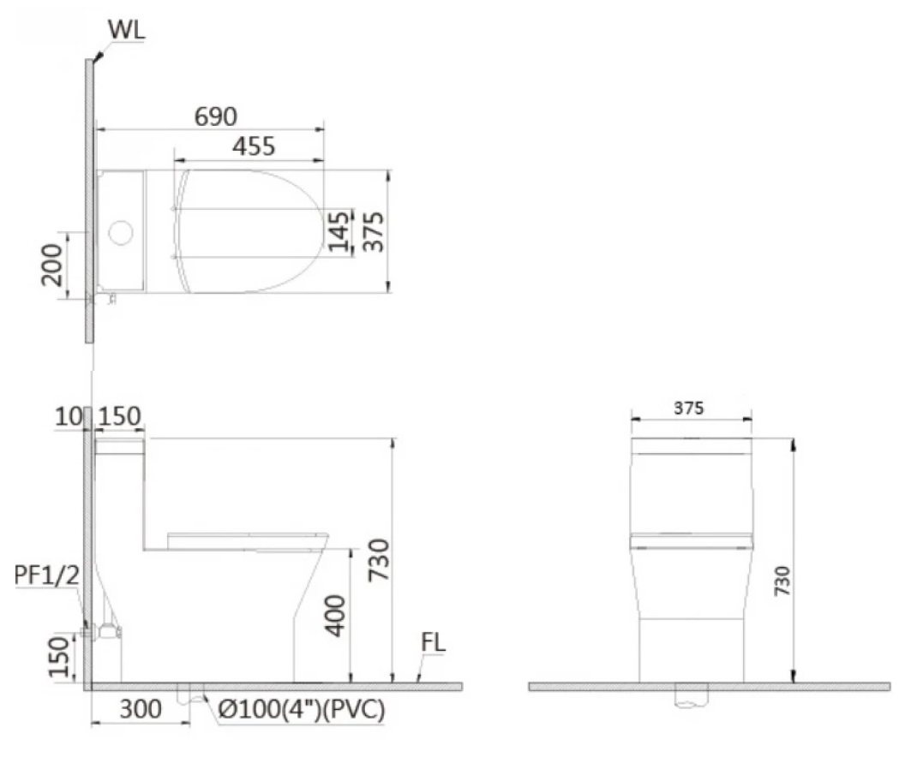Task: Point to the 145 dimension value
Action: [x=339, y=231]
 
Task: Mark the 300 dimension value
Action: [x=140, y=709]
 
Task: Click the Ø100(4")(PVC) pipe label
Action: [x=300, y=710]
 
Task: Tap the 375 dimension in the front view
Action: [x=688, y=408]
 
